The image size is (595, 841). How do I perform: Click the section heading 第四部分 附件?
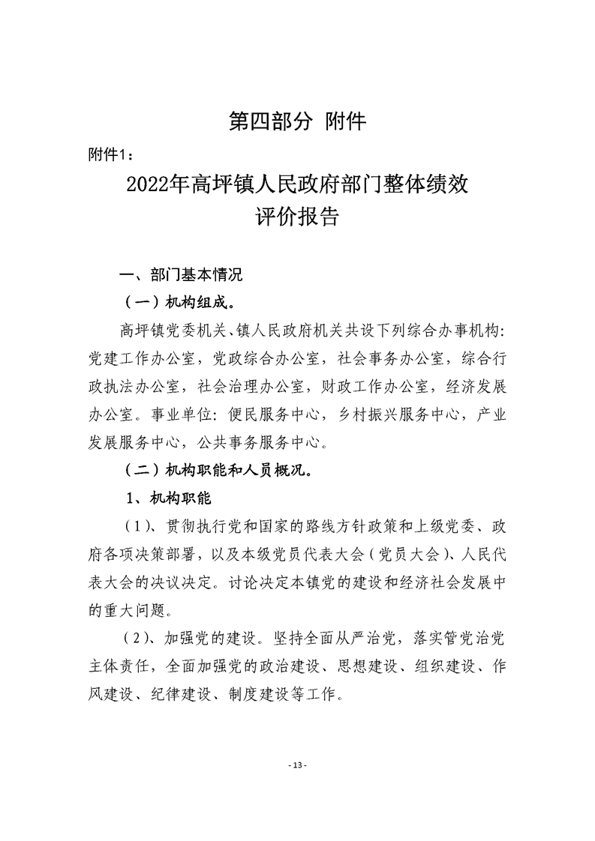(297, 121)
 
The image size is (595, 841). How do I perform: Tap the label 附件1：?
(111, 154)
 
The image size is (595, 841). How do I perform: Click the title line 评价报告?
(297, 218)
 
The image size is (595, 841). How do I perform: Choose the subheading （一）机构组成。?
(179, 304)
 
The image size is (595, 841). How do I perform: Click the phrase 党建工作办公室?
(140, 358)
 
